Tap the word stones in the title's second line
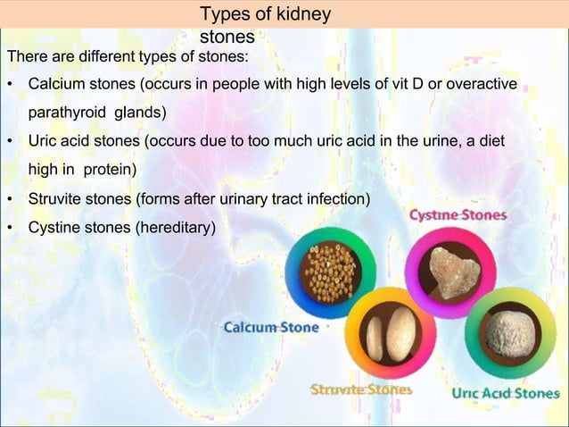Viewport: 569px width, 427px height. coord(227,38)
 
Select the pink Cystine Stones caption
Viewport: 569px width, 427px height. coord(458,215)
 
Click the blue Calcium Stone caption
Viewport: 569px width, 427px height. coord(270,328)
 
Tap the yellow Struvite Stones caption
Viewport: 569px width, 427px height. coord(360,389)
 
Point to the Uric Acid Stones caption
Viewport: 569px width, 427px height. coord(506,393)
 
